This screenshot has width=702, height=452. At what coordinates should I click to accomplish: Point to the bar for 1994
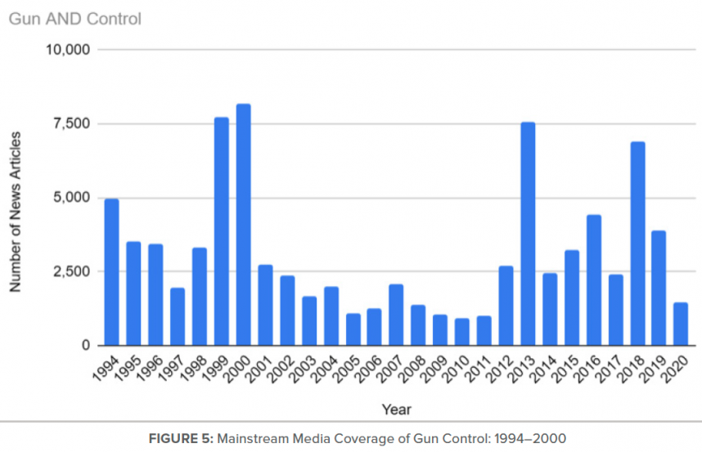111,272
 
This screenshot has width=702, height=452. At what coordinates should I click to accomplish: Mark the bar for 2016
593,280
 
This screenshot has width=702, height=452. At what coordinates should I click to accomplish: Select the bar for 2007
396,315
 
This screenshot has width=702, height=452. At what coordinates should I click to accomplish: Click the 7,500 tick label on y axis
72,123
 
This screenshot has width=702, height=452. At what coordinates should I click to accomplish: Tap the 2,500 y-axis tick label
72,271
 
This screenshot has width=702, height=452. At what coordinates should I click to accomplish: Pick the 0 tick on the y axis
85,346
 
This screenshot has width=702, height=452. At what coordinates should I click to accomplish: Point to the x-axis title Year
396,408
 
